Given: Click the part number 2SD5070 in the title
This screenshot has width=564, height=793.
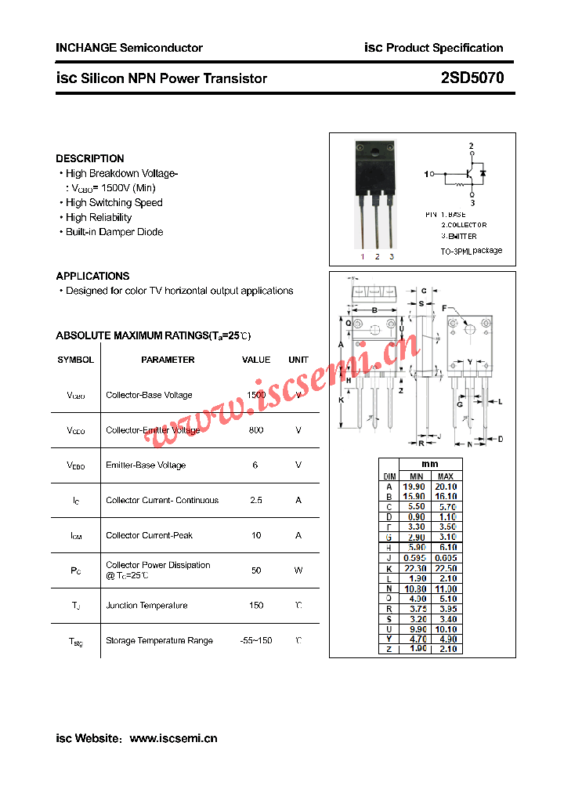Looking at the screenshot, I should pyautogui.click(x=472, y=78).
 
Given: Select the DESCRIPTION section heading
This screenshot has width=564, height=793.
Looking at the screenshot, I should pyautogui.click(x=90, y=158).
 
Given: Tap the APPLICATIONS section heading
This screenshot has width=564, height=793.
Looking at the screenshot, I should pyautogui.click(x=92, y=276).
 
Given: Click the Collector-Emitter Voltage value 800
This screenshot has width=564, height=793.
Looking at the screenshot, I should pyautogui.click(x=256, y=430).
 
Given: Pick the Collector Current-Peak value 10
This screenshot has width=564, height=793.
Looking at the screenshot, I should pyautogui.click(x=256, y=535).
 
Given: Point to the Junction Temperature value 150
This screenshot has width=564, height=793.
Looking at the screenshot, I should pyautogui.click(x=256, y=606).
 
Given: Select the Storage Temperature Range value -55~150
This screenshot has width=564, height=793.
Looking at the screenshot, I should pyautogui.click(x=256, y=641).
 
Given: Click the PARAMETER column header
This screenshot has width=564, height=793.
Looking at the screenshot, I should pyautogui.click(x=168, y=360).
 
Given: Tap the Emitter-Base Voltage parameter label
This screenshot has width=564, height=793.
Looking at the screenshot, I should pyautogui.click(x=146, y=465).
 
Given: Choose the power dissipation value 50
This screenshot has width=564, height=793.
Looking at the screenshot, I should pyautogui.click(x=256, y=570).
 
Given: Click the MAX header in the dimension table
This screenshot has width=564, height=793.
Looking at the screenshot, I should pyautogui.click(x=445, y=476).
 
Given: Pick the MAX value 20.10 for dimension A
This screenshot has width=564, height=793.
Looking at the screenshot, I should pyautogui.click(x=445, y=487).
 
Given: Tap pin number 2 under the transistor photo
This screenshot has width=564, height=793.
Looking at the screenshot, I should pyautogui.click(x=377, y=256).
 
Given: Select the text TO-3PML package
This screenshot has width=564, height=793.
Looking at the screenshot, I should pyautogui.click(x=471, y=251).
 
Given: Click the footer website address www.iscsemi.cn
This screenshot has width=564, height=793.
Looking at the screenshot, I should pyautogui.click(x=173, y=738).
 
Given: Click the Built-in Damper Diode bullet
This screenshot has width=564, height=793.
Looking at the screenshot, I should pyautogui.click(x=114, y=232).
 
